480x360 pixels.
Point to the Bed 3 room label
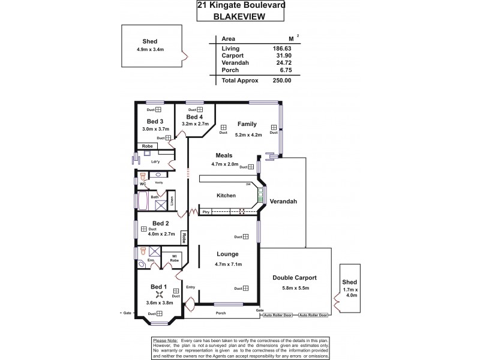(x=155, y=121)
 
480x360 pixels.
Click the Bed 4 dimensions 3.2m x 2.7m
(x=195, y=124)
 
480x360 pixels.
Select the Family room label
(x=247, y=124)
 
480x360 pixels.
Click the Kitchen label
(x=226, y=196)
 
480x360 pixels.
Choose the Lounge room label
(x=228, y=254)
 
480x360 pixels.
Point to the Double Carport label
(x=294, y=278)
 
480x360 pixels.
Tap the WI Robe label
(x=174, y=259)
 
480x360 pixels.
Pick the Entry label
(x=191, y=287)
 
